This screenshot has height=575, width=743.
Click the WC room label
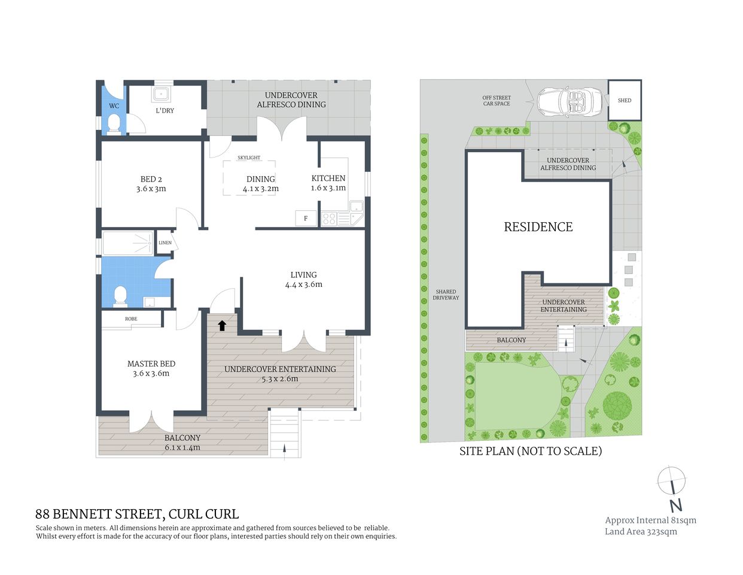tap(114, 106)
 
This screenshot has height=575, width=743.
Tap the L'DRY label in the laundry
tap(165, 111)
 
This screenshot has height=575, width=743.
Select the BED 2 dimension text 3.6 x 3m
tap(151, 189)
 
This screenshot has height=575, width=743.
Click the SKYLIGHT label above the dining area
tap(249, 158)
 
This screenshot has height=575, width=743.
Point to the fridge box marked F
tap(306, 219)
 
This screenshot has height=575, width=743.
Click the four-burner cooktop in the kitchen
tap(329, 219)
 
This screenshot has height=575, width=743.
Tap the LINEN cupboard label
tap(165, 243)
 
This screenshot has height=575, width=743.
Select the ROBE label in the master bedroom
tap(131, 319)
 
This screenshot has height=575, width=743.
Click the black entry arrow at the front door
tap(222, 325)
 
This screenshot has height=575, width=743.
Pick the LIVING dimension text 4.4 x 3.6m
tap(303, 285)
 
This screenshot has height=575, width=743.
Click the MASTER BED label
tap(151, 364)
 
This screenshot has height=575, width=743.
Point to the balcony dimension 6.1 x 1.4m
tap(182, 447)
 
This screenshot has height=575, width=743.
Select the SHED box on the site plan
tap(625, 101)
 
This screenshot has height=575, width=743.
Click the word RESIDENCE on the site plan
tap(538, 227)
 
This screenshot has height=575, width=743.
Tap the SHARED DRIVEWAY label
tap(446, 295)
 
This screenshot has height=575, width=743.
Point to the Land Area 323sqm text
tap(641, 531)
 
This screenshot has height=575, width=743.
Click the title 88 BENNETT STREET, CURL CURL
tap(137, 514)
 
